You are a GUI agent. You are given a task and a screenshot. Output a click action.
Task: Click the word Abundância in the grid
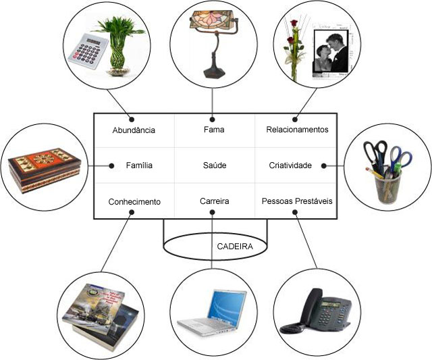[134, 130]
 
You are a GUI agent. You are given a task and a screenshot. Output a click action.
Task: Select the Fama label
[213, 129]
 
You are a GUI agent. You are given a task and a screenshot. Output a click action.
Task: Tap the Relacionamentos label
[297, 129]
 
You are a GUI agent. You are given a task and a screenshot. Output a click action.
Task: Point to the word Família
[139, 165]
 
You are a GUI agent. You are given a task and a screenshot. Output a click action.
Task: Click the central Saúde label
[214, 165]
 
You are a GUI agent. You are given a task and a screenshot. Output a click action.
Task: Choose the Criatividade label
[290, 165]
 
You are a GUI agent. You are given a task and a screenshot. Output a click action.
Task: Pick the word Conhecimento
[134, 201]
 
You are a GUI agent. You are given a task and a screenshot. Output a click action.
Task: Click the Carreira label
[214, 201]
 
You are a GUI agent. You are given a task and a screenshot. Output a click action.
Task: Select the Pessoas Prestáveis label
[297, 201]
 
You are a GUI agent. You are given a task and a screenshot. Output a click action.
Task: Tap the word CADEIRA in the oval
[234, 247]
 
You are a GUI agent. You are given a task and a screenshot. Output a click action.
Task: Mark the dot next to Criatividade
[324, 165]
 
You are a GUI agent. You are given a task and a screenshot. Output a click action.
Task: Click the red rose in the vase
[294, 27]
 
